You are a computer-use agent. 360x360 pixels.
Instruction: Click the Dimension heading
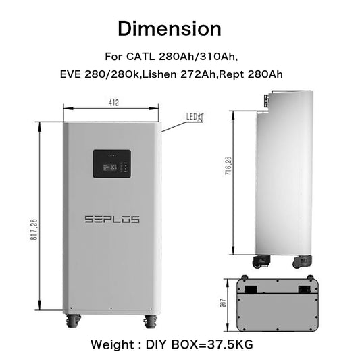pyautogui.click(x=169, y=28)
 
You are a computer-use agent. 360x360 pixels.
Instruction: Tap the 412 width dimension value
pyautogui.click(x=112, y=103)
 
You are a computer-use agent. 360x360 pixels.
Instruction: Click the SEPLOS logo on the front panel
pyautogui.click(x=112, y=219)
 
